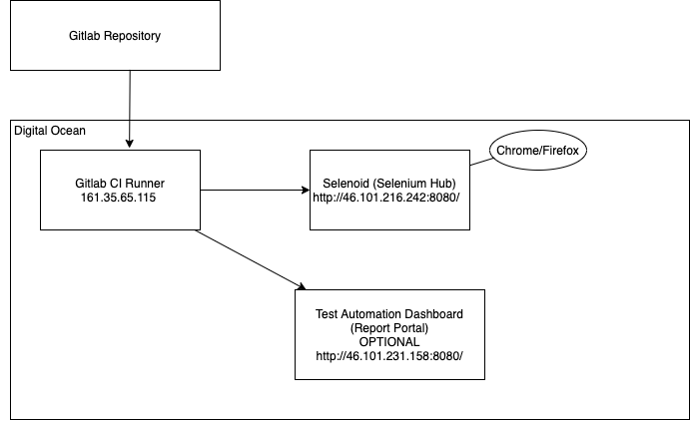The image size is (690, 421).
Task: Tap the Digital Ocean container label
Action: (x=50, y=131)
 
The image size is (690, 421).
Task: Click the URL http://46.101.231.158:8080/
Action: (x=388, y=356)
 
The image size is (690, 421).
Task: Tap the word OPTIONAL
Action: (x=389, y=341)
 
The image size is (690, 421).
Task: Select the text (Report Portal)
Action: (x=389, y=327)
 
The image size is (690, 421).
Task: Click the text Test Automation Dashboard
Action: (x=389, y=313)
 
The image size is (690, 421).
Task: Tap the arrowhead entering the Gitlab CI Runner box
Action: (x=131, y=145)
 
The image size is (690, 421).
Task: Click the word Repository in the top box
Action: (x=134, y=37)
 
